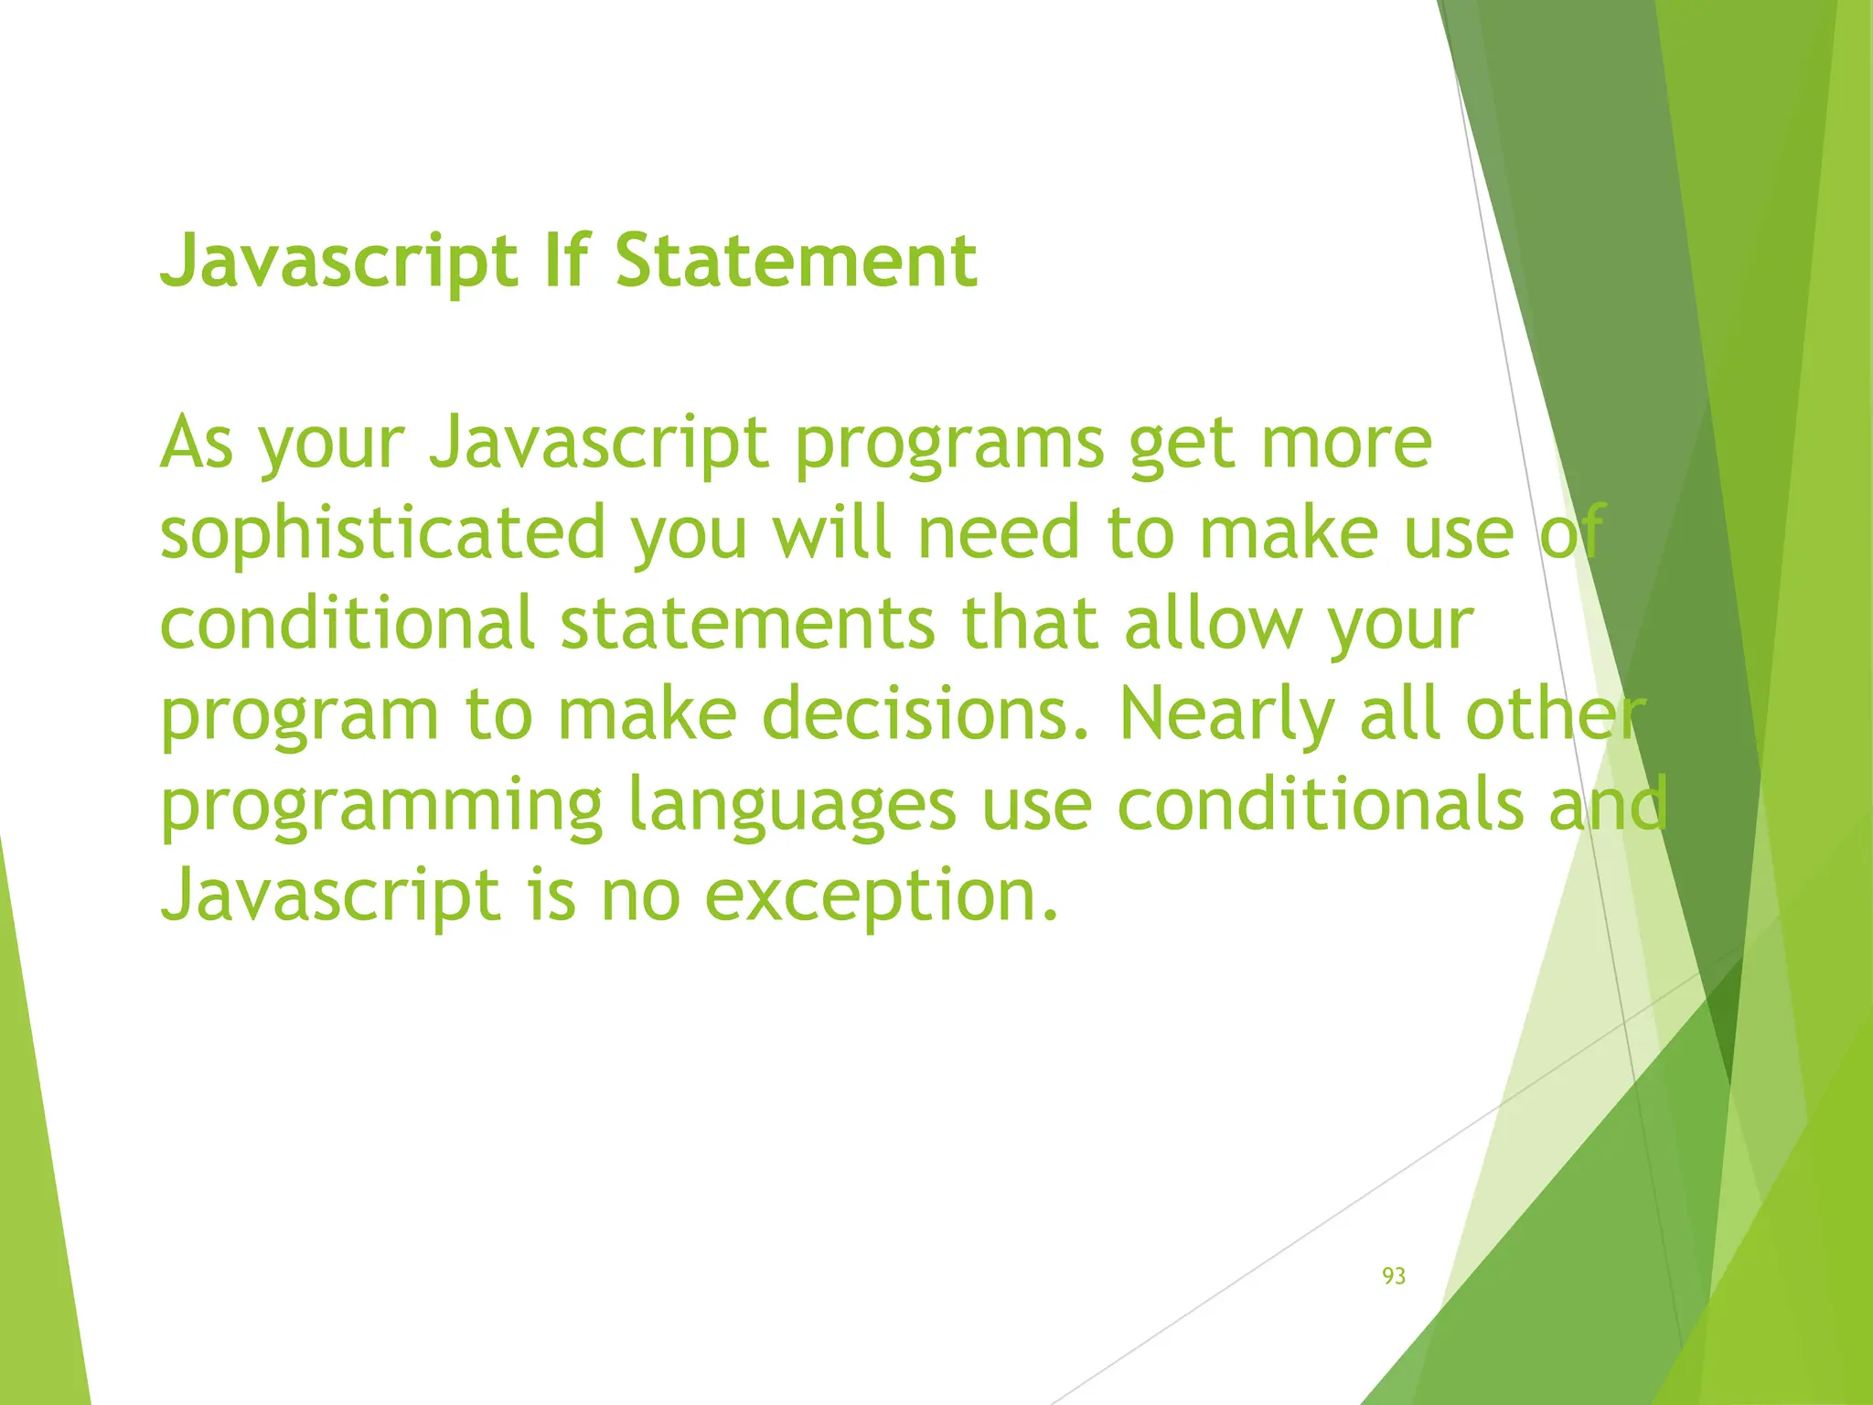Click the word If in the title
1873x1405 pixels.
point(565,262)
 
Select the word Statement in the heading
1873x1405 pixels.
point(796,262)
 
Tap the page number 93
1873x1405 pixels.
point(1393,1276)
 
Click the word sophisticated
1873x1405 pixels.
point(383,534)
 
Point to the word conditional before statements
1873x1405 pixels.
point(347,624)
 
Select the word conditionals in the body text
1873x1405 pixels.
point(1321,805)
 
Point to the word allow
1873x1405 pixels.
point(1212,624)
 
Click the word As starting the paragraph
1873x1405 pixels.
point(197,443)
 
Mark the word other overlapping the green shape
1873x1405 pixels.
point(1555,714)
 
